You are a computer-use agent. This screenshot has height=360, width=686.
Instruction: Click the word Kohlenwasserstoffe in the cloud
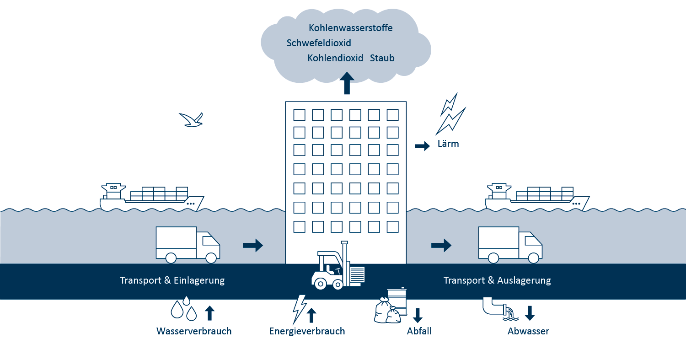pyautogui.click(x=350, y=28)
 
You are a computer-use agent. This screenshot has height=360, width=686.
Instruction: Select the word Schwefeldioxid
pyautogui.click(x=319, y=43)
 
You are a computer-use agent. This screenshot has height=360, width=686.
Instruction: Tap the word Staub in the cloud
pyautogui.click(x=382, y=58)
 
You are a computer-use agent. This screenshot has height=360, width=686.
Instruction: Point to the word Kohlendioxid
pyautogui.click(x=335, y=58)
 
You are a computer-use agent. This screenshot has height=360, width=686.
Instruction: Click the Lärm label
pyautogui.click(x=448, y=143)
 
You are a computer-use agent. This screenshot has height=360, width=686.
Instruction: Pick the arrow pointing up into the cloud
pyautogui.click(x=347, y=83)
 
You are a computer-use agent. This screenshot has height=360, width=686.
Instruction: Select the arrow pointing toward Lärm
pyautogui.click(x=422, y=146)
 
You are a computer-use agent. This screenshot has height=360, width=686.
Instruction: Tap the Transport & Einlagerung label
pyautogui.click(x=172, y=280)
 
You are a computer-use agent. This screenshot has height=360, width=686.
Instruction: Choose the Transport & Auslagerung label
pyautogui.click(x=497, y=280)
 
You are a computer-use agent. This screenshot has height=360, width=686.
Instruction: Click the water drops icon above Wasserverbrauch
pyautogui.click(x=184, y=308)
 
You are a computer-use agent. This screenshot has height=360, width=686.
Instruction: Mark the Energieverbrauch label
pyautogui.click(x=307, y=331)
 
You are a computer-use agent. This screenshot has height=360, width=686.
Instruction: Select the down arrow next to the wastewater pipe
pyautogui.click(x=530, y=313)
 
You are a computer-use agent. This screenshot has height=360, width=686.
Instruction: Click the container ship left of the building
pyautogui.click(x=152, y=197)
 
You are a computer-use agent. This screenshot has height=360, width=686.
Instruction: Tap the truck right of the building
pyautogui.click(x=510, y=245)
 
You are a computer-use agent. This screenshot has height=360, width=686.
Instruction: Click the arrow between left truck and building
pyautogui.click(x=252, y=245)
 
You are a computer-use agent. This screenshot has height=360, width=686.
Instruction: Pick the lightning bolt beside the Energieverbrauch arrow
pyautogui.click(x=299, y=309)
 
